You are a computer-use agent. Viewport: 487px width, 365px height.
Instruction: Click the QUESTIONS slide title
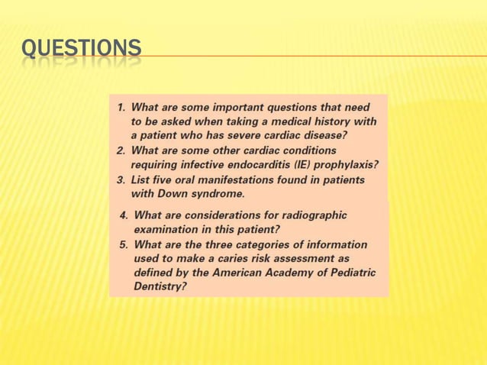click(81, 48)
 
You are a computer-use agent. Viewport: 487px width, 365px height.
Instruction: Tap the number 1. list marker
click(121, 108)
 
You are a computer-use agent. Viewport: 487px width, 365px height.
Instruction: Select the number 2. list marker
click(121, 150)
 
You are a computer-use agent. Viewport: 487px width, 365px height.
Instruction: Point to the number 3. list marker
click(121, 180)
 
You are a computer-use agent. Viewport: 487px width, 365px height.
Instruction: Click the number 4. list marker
click(124, 215)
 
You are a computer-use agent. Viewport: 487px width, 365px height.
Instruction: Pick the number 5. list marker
click(124, 245)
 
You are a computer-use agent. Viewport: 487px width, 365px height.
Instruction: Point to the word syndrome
click(211, 194)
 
